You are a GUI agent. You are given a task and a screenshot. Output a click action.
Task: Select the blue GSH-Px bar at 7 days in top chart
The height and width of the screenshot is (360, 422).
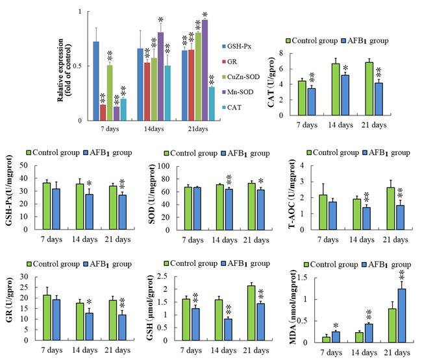96,81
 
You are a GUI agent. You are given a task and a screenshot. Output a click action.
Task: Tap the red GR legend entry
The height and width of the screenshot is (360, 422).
239,61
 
